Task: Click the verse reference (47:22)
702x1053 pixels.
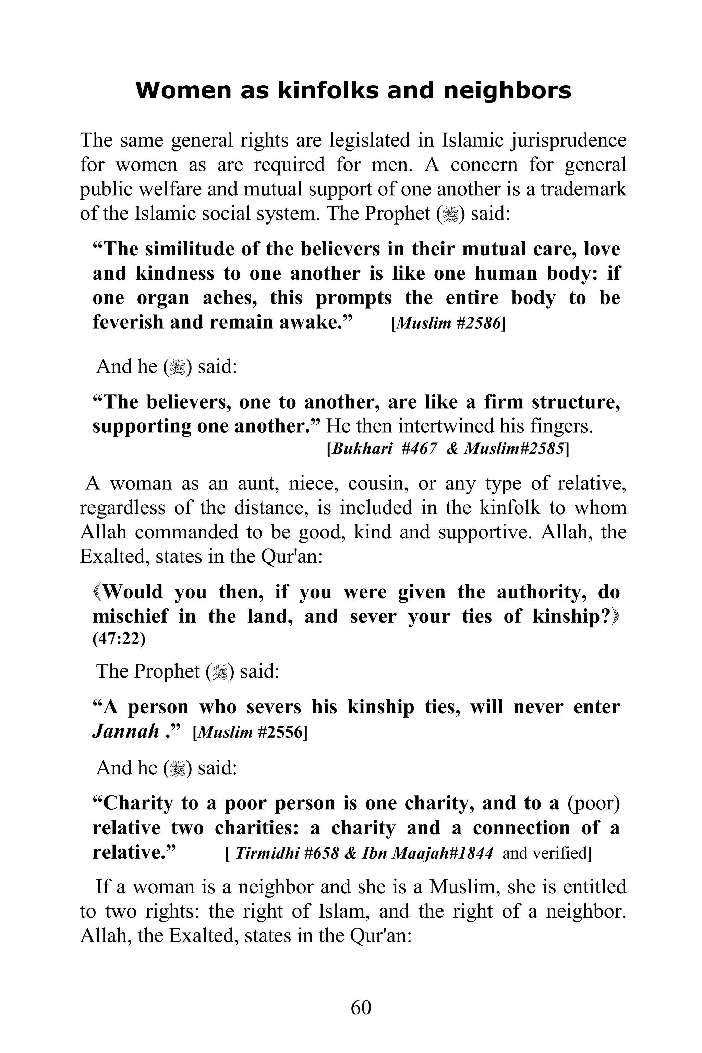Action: click(x=119, y=639)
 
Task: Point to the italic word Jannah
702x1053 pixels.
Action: click(x=126, y=731)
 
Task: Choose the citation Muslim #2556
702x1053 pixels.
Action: click(x=250, y=733)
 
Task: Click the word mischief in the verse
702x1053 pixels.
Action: click(x=130, y=617)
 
